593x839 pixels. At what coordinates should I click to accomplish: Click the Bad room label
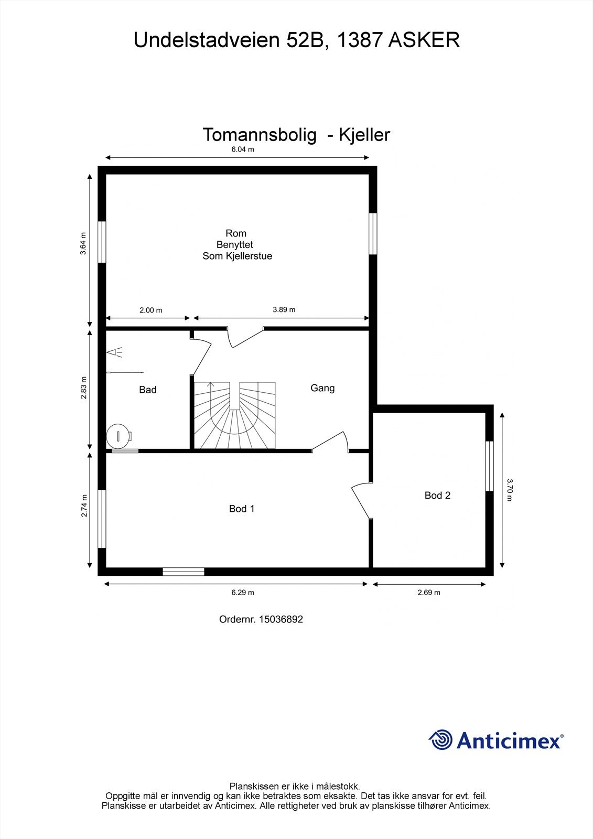pyautogui.click(x=147, y=390)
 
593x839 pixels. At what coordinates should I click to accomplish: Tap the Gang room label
pyautogui.click(x=322, y=388)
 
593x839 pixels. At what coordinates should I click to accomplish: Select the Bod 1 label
pyautogui.click(x=241, y=509)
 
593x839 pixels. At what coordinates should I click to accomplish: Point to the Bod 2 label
pyautogui.click(x=437, y=496)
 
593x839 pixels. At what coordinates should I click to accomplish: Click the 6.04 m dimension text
pyautogui.click(x=243, y=149)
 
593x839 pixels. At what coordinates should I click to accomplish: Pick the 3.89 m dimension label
pyautogui.click(x=284, y=309)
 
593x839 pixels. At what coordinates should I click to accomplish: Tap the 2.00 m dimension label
pyautogui.click(x=150, y=310)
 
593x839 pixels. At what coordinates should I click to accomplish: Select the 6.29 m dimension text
pyautogui.click(x=243, y=593)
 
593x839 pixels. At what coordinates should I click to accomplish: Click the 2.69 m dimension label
pyautogui.click(x=428, y=593)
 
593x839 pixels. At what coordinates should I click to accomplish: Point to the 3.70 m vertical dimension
pyautogui.click(x=509, y=489)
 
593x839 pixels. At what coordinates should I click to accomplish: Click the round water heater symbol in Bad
pyautogui.click(x=119, y=436)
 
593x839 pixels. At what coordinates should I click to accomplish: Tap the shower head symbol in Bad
pyautogui.click(x=115, y=352)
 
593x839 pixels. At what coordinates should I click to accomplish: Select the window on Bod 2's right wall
pyautogui.click(x=489, y=466)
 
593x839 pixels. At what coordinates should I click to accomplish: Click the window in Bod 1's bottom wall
pyautogui.click(x=183, y=572)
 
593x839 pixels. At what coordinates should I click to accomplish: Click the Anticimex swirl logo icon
pyautogui.click(x=440, y=740)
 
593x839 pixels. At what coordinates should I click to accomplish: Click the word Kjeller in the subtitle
pyautogui.click(x=364, y=135)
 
